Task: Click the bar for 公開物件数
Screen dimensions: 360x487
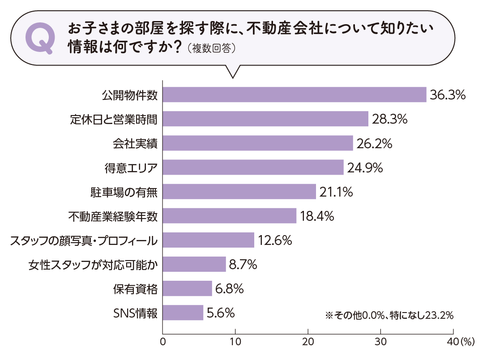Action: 294,95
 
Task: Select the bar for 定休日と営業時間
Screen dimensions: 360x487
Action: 265,119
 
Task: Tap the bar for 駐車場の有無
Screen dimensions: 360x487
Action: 239,192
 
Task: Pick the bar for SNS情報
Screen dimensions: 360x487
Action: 183,313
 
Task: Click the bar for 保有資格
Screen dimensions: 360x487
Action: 187,288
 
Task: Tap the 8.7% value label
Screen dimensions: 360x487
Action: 243,265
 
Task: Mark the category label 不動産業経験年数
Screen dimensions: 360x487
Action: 113,216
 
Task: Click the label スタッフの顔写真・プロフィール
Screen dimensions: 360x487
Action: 84,240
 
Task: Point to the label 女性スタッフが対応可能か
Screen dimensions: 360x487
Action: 93,265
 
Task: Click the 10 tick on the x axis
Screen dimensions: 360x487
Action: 235,343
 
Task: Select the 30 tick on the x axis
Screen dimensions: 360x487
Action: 380,343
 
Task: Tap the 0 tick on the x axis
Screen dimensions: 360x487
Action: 162,343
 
